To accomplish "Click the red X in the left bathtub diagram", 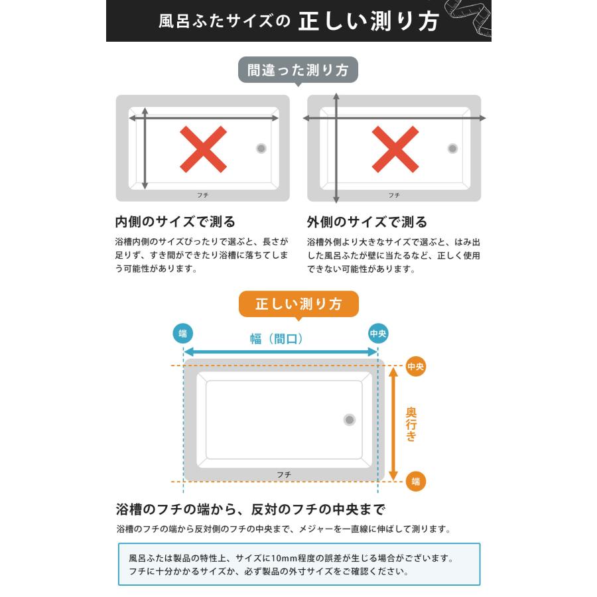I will pyautogui.click(x=203, y=149).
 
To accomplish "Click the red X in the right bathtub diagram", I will pyautogui.click(x=395, y=149).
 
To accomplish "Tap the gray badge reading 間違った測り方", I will pyautogui.click(x=298, y=70).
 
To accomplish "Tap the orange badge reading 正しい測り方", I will pyautogui.click(x=298, y=304).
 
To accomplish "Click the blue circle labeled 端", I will pyautogui.click(x=183, y=333).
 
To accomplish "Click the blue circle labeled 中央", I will pyautogui.click(x=378, y=333).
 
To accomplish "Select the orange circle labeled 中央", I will pyautogui.click(x=415, y=366).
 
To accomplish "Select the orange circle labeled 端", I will pyautogui.click(x=415, y=481).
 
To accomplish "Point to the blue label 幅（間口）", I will pyautogui.click(x=277, y=339).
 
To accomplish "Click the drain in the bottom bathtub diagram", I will pyautogui.click(x=350, y=419).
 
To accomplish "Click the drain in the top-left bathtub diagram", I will pyautogui.click(x=261, y=149).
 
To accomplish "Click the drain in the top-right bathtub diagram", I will pyautogui.click(x=452, y=149).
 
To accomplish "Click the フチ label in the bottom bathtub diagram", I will pyautogui.click(x=284, y=474).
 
